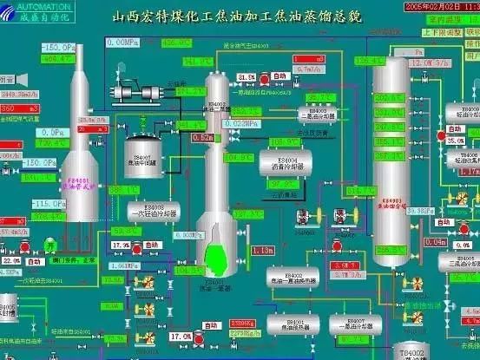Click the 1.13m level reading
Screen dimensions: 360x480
pos(261,251)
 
